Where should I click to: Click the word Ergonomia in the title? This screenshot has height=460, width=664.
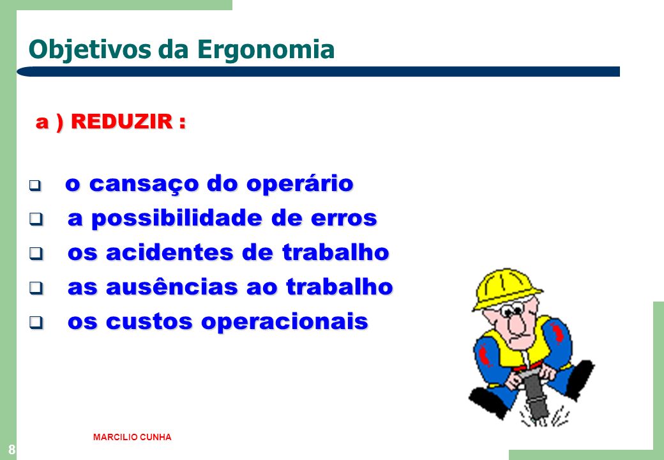[266, 50]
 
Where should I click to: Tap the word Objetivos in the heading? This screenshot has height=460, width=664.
[89, 50]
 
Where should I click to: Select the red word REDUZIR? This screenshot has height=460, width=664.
[122, 121]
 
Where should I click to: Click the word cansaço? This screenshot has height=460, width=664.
[144, 184]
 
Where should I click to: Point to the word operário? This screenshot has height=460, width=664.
[300, 184]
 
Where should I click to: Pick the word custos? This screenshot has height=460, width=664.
[149, 322]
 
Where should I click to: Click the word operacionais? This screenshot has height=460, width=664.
[285, 322]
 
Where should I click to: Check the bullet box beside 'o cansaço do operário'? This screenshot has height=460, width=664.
[35, 185]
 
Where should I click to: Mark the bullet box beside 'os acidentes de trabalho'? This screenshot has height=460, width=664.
[36, 254]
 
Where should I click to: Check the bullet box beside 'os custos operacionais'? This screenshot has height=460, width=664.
[36, 323]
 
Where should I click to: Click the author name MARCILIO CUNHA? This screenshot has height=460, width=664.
[132, 437]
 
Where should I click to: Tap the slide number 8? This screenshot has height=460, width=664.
[11, 449]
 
